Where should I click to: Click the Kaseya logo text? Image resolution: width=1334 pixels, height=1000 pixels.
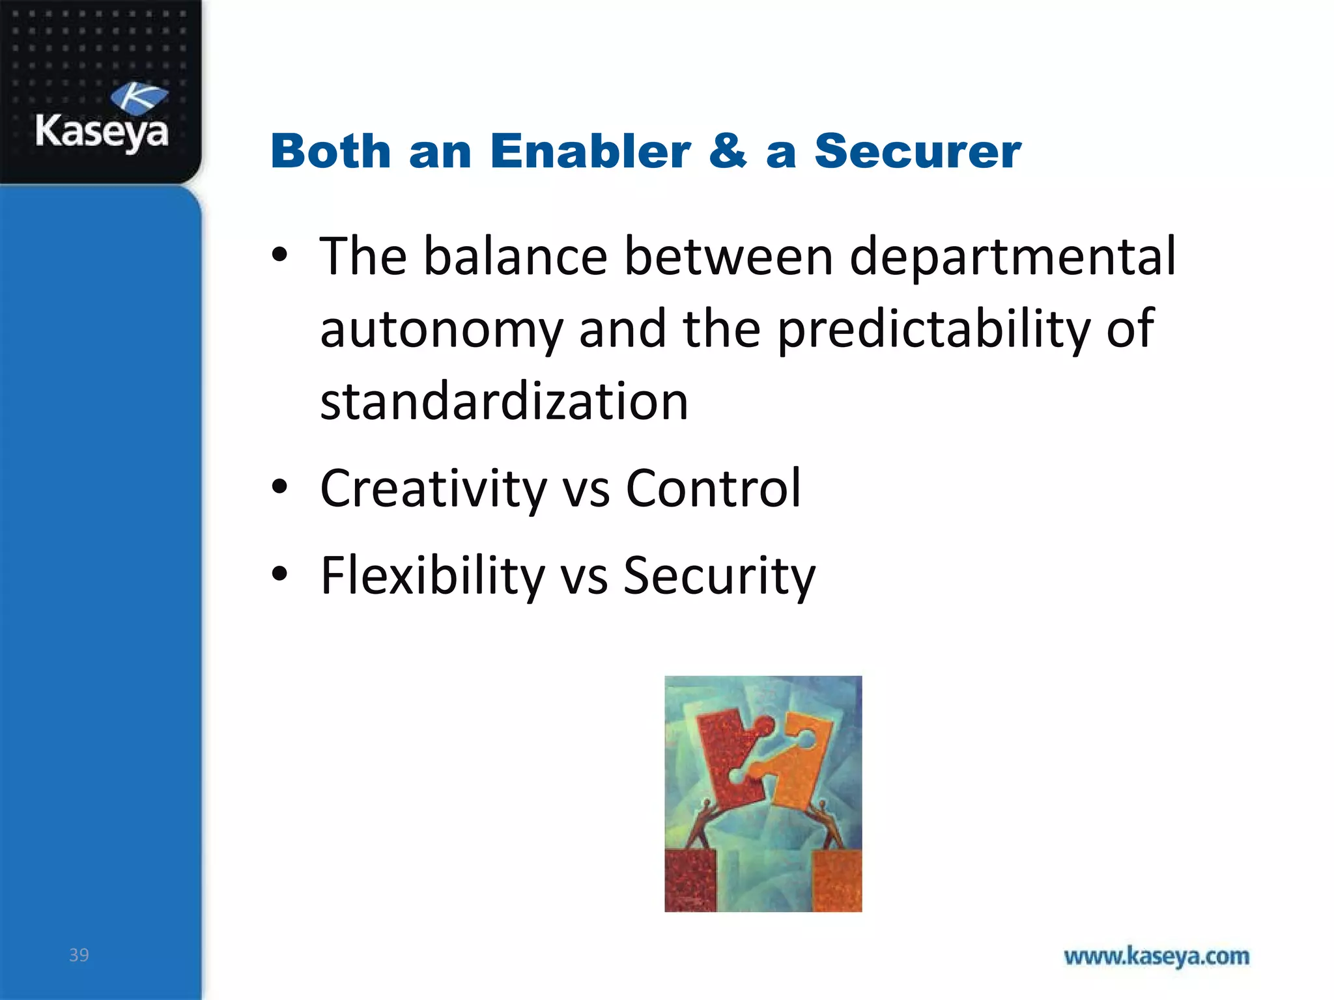pos(102,132)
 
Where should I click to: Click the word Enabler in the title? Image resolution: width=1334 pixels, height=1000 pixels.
pos(590,152)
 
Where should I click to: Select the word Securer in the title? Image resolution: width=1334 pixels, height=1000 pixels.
pos(917,152)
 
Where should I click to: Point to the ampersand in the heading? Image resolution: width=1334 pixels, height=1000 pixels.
pos(728,152)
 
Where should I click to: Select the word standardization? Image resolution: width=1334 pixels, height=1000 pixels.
pos(504,402)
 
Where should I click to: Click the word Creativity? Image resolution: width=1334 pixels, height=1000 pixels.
pos(433,489)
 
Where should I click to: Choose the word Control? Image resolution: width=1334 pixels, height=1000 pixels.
pos(713,489)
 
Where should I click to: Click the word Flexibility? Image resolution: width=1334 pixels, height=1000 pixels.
pos(433,576)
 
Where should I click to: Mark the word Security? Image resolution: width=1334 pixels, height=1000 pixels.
pos(719,576)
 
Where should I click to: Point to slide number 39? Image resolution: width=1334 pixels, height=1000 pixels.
pos(79,955)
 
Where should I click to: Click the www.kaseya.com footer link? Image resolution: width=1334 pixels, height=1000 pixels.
pos(1156,956)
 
